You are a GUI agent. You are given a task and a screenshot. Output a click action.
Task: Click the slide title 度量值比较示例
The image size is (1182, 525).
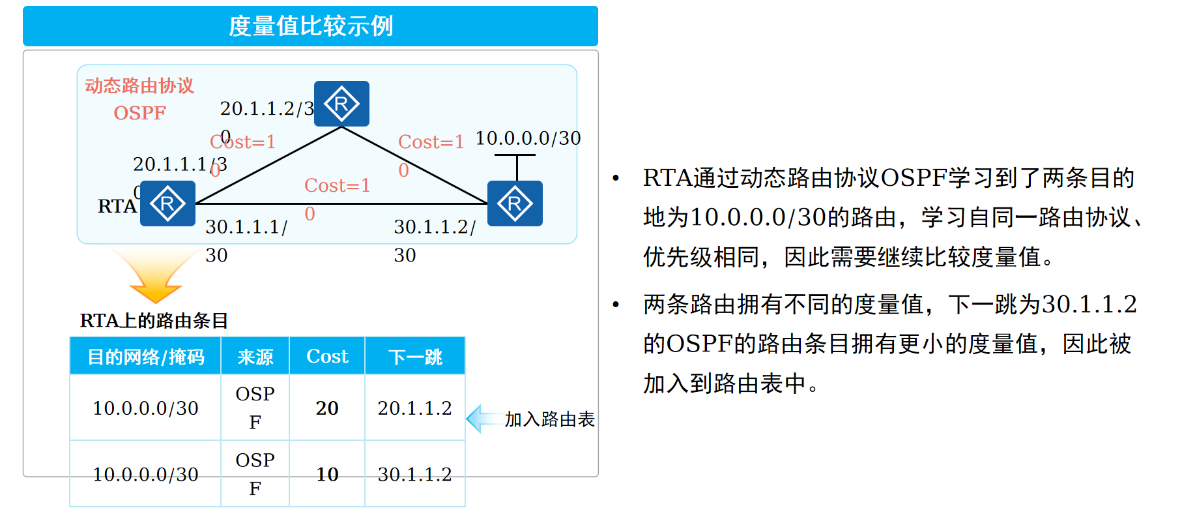(311, 26)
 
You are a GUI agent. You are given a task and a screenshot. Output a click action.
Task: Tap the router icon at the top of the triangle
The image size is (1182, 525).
(341, 104)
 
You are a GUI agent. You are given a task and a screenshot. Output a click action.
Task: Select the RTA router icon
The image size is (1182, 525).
(168, 203)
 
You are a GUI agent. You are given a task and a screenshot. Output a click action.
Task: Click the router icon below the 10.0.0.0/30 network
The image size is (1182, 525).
(515, 203)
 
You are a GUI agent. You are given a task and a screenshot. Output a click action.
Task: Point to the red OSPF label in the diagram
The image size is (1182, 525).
(139, 113)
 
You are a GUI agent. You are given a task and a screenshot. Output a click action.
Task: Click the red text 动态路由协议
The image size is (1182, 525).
(139, 85)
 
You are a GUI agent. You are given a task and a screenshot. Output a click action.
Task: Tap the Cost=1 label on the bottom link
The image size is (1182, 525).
(337, 186)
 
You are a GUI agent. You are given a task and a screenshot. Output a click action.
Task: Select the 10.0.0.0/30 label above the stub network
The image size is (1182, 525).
(528, 138)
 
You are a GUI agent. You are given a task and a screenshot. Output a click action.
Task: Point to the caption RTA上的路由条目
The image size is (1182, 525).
(154, 320)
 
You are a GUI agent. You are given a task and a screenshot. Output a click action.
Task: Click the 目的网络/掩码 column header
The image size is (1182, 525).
(146, 357)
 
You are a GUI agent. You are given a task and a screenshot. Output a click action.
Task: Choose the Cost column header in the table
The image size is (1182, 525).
(327, 357)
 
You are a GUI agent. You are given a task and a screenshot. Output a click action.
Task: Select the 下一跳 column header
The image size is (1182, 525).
(415, 357)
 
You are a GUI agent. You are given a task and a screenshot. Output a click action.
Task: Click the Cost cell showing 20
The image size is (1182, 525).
(327, 408)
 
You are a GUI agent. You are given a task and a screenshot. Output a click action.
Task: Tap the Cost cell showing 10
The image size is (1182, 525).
(327, 474)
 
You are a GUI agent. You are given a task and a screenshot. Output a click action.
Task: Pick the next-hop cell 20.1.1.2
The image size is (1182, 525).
(414, 408)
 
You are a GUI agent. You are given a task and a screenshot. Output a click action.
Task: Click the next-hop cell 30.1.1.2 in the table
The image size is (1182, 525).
(414, 474)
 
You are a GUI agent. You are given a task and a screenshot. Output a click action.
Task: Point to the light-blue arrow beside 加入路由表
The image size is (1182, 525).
(482, 419)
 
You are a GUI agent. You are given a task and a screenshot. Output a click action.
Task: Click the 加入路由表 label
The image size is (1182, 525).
(549, 419)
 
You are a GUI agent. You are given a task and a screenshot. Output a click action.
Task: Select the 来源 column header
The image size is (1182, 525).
(255, 357)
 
